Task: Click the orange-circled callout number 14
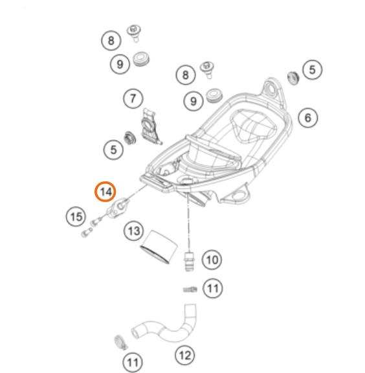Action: click(105, 192)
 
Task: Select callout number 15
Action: click(76, 216)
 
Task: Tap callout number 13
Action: click(134, 231)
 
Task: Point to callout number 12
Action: click(184, 356)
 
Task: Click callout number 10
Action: click(212, 260)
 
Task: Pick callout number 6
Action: click(308, 117)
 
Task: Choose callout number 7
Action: click(133, 98)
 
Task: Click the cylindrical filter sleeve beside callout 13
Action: click(159, 247)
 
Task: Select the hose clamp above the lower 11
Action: click(120, 343)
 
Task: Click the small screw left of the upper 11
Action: click(190, 289)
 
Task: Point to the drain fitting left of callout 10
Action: click(190, 261)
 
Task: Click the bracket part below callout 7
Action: click(150, 126)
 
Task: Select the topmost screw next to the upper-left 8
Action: click(134, 33)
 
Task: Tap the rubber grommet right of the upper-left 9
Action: click(141, 59)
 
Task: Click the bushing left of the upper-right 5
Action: click(293, 78)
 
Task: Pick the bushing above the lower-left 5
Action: click(130, 138)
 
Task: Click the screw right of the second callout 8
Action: click(207, 69)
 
